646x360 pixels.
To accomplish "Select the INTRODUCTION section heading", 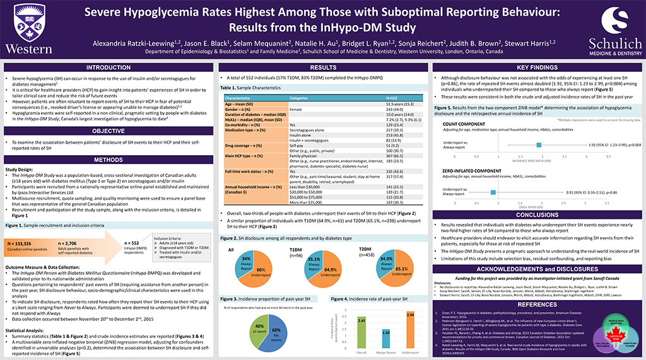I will click(x=109, y=67).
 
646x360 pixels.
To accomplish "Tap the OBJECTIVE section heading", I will click(x=109, y=131).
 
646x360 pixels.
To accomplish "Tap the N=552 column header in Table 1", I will click(x=392, y=98).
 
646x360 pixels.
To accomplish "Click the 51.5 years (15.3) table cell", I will click(x=392, y=103).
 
